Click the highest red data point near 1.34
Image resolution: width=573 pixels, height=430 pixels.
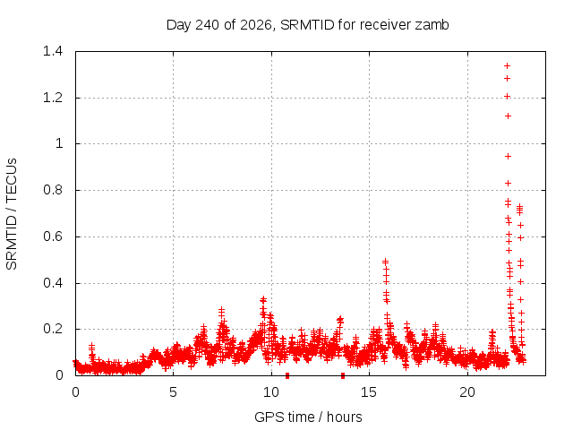click(507, 65)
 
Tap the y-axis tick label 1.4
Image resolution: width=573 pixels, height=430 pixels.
click(53, 51)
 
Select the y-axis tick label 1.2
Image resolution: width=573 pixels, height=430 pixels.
click(53, 98)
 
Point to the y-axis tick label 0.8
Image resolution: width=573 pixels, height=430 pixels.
click(53, 190)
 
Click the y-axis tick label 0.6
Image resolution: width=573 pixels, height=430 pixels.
click(53, 236)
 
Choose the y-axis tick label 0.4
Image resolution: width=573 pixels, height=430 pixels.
click(53, 283)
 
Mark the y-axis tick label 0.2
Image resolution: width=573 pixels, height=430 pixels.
click(53, 329)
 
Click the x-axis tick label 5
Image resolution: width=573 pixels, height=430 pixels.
click(173, 392)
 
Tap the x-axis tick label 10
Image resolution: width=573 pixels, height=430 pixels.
click(271, 392)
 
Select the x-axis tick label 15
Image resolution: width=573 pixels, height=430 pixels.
click(369, 392)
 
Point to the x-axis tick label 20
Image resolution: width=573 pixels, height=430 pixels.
click(467, 392)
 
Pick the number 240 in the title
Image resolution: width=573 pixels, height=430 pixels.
click(207, 25)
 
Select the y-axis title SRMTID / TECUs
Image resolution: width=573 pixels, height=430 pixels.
click(12, 214)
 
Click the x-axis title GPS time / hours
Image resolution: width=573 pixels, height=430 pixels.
click(308, 417)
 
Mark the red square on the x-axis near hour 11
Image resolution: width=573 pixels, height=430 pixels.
click(287, 375)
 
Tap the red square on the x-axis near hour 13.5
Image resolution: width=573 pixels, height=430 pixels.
click(342, 375)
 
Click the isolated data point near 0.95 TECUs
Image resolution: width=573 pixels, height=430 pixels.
click(508, 157)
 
